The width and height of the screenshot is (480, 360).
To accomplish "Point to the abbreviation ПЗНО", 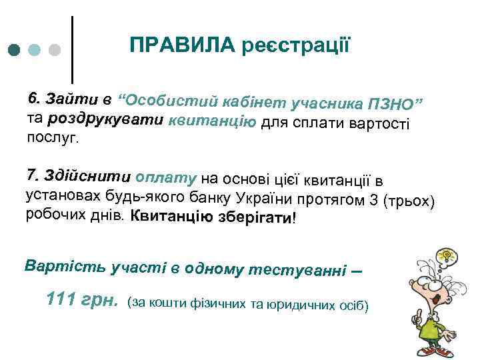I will [x=392, y=104].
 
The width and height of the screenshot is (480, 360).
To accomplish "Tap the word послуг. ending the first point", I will [x=52, y=138].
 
